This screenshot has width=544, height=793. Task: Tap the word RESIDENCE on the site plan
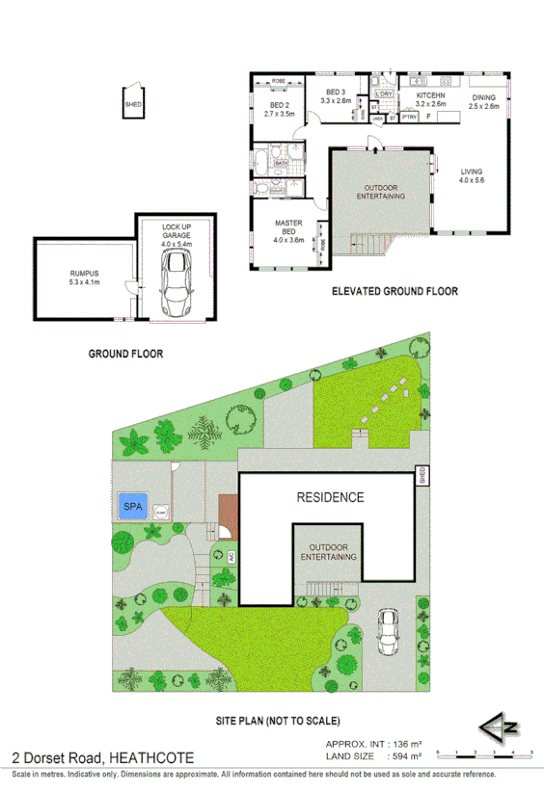click(x=330, y=498)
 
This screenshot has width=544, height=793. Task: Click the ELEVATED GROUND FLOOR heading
click(x=394, y=291)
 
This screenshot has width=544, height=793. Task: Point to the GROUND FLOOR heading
click(x=125, y=354)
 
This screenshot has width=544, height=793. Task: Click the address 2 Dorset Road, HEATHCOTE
click(x=101, y=757)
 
